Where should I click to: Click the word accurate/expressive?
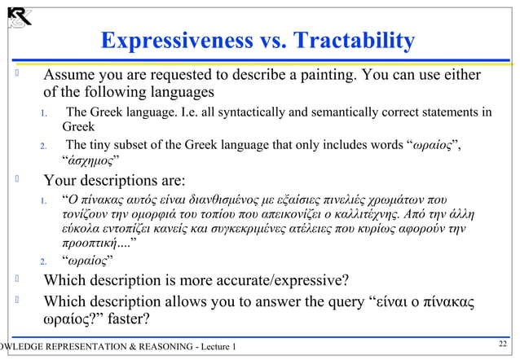(x=280, y=282)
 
